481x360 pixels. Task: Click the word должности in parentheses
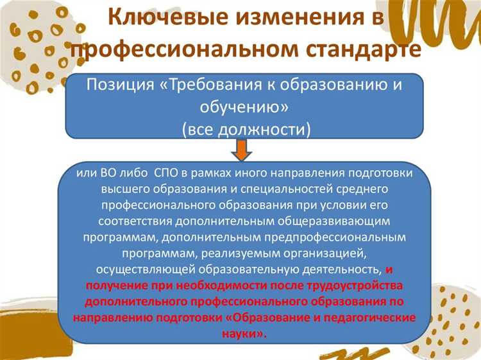[264, 128]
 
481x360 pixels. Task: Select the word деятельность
[344, 268]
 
